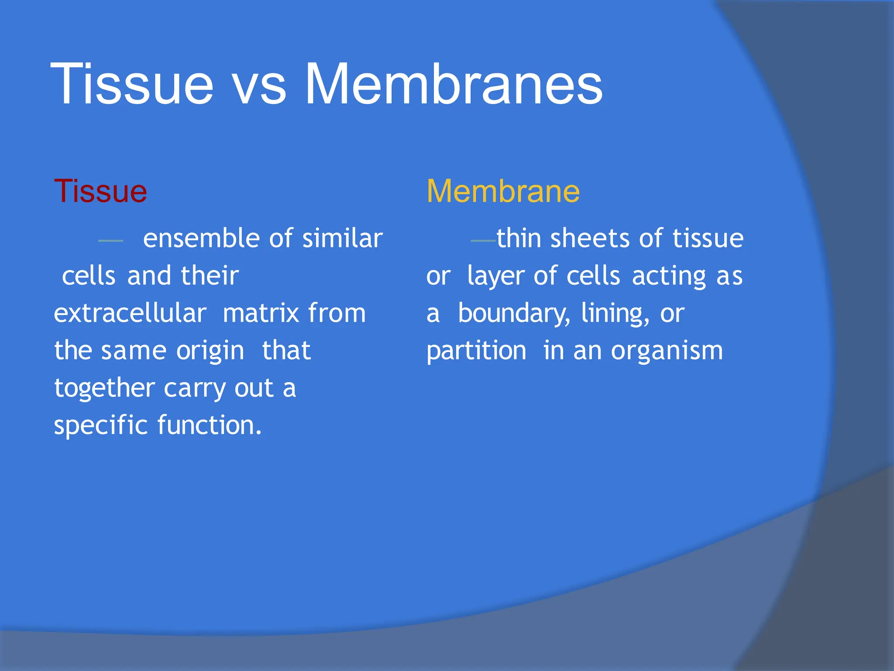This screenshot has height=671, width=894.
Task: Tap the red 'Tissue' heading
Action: point(100,191)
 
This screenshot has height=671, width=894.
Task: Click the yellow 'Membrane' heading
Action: point(503,191)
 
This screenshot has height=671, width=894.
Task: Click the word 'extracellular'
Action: point(130,313)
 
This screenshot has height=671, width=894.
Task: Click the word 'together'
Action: point(105,388)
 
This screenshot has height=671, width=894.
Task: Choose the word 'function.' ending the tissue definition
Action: point(210,425)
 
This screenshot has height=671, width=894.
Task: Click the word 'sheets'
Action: point(590,239)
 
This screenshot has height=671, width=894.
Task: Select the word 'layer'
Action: point(495,277)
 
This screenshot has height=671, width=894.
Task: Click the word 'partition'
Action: point(476,351)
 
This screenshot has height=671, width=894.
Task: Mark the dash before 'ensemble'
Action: point(111,241)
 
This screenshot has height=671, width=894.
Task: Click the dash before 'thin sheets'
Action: point(483,241)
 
